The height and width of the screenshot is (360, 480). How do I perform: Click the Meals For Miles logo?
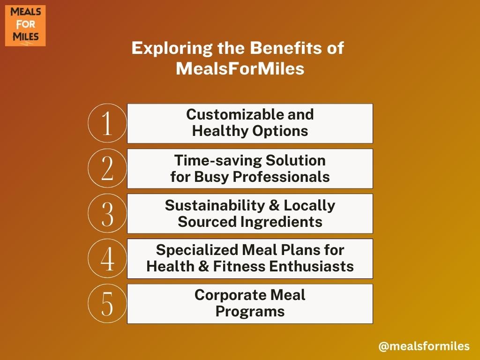[25, 26]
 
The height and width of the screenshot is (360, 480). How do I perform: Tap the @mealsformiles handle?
[424, 346]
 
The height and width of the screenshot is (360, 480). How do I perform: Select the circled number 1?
[107, 123]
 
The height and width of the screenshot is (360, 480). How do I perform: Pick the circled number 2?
[107, 168]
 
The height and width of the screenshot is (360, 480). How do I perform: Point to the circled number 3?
[107, 213]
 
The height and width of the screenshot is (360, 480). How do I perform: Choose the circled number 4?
[107, 258]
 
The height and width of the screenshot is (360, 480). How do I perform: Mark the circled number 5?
[107, 303]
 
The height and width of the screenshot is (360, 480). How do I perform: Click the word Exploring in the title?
[172, 49]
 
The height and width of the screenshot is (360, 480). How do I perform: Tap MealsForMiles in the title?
[240, 68]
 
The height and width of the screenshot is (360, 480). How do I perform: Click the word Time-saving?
[217, 160]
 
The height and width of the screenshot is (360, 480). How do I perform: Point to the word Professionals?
[281, 177]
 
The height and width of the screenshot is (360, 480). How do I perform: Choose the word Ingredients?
[281, 222]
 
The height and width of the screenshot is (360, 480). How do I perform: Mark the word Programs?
[250, 312]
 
